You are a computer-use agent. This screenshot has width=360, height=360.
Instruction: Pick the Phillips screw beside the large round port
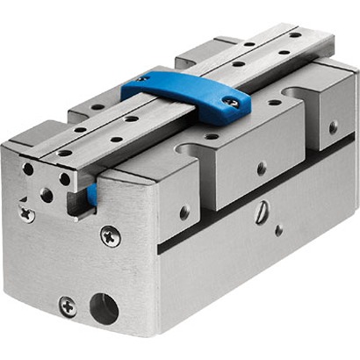tap(68, 306)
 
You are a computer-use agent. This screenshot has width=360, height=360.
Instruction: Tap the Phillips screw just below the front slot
tap(110, 234)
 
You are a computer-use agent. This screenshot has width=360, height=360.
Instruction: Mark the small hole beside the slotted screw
tap(278, 231)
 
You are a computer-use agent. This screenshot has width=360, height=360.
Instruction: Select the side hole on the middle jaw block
tap(261, 168)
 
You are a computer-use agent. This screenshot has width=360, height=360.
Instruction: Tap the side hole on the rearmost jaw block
tap(333, 127)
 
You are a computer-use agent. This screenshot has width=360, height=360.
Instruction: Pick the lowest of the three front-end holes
tap(45, 195)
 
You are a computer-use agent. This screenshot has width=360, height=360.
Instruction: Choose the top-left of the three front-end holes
tap(29, 169)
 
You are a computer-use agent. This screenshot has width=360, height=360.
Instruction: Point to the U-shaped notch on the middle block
tap(198, 145)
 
